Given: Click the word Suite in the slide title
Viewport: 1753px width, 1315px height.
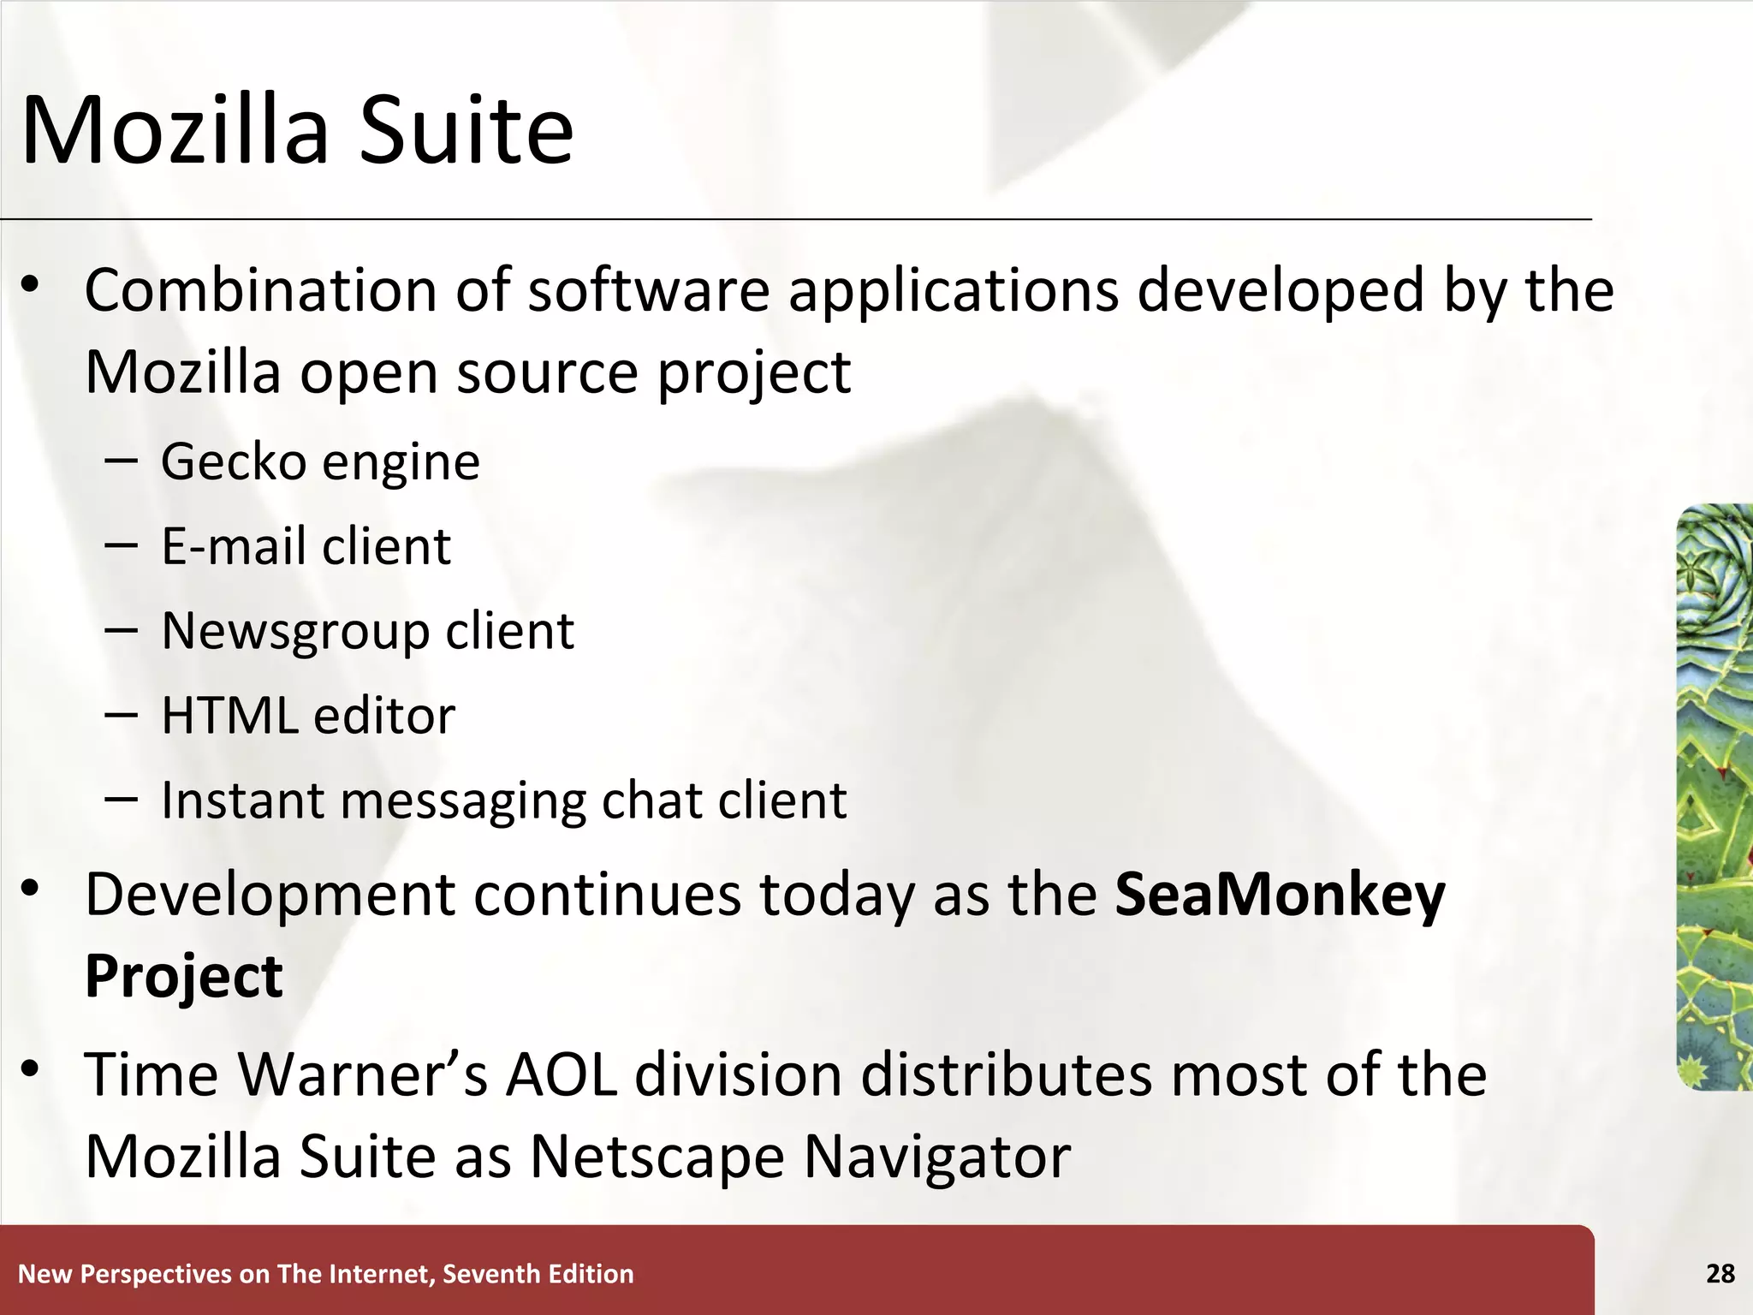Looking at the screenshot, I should pos(466,130).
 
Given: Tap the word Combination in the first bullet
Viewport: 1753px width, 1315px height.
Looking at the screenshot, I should pos(260,291).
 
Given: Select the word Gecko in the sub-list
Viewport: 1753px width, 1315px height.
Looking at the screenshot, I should pos(233,462).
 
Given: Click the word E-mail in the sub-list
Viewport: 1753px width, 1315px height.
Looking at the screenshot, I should pos(233,546).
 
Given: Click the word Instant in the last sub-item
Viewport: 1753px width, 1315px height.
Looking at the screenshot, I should pos(242,800).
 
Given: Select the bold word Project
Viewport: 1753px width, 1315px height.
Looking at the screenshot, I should pos(184,976).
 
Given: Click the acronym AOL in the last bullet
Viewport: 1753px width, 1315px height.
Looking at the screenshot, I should pos(562,1074).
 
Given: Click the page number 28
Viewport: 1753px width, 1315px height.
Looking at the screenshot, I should pos(1720,1274).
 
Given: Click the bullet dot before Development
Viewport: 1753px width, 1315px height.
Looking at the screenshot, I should pos(31,889).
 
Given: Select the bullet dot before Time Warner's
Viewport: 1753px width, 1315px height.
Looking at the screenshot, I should pos(31,1068).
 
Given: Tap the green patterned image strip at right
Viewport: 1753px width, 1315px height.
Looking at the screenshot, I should pos(1714,796).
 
